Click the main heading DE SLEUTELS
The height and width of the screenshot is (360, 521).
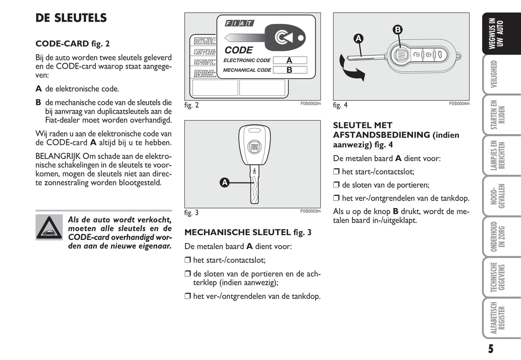pos(71,18)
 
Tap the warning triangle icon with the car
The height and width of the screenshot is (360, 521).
pos(49,227)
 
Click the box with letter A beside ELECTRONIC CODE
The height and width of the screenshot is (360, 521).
pos(290,60)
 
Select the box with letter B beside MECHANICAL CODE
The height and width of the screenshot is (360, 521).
pos(290,70)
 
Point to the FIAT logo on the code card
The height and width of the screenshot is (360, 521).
pos(239,23)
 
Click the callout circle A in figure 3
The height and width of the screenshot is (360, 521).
pos(225,183)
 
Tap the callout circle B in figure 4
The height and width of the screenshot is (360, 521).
pos(397,30)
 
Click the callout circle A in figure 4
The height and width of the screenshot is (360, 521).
pos(358,39)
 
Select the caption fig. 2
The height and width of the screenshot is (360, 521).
pos(191,105)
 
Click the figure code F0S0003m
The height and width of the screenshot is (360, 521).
pos(310,211)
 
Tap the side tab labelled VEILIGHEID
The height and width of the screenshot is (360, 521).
pos(494,74)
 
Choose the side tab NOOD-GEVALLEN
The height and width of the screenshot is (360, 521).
pos(497,196)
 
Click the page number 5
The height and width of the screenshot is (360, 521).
pos(491,349)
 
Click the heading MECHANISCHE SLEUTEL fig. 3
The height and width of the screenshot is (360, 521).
pos(248,232)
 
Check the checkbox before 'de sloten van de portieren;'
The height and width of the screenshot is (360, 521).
pos(336,185)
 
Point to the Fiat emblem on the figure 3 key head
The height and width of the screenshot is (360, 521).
pos(254,147)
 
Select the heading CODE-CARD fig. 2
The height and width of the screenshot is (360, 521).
pos(72,44)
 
